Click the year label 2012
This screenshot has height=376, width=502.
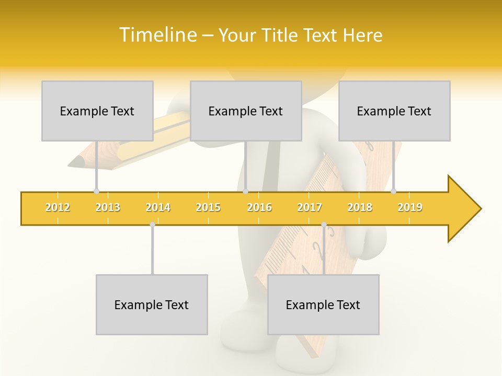pos(58,207)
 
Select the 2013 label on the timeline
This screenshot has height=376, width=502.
pos(108,207)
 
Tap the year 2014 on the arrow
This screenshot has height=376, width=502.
pos(158,207)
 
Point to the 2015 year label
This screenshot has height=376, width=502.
pos(208,207)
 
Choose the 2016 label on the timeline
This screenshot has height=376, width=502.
pos(259,207)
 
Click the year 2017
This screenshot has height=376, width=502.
pos(310,207)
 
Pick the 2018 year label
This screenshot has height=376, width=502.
pos(360,207)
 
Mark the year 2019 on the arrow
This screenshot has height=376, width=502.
pos(410,207)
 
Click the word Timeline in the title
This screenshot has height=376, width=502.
pos(157,35)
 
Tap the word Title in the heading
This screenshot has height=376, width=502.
pos(280,35)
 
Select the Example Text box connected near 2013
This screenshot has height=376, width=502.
pos(97,111)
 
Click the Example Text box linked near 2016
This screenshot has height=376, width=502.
pos(246,111)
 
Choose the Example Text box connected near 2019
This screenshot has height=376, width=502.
pos(394,111)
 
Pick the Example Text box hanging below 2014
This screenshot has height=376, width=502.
pos(152,304)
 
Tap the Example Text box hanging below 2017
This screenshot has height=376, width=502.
pos(323,304)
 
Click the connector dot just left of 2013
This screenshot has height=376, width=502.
pos(96,192)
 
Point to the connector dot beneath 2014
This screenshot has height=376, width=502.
pos(152,225)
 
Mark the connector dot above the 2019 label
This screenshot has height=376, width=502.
pos(393,192)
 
